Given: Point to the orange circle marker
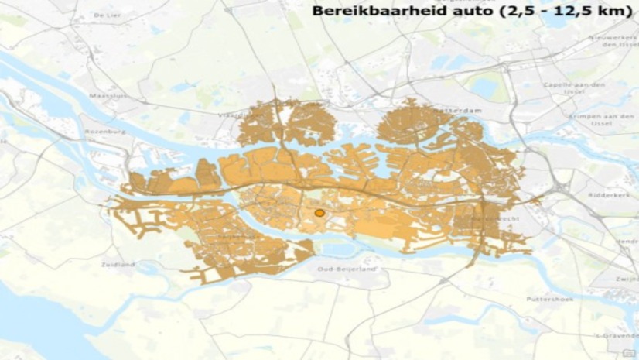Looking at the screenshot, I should coord(319,213).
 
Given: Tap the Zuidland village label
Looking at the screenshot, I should coord(118,264).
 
